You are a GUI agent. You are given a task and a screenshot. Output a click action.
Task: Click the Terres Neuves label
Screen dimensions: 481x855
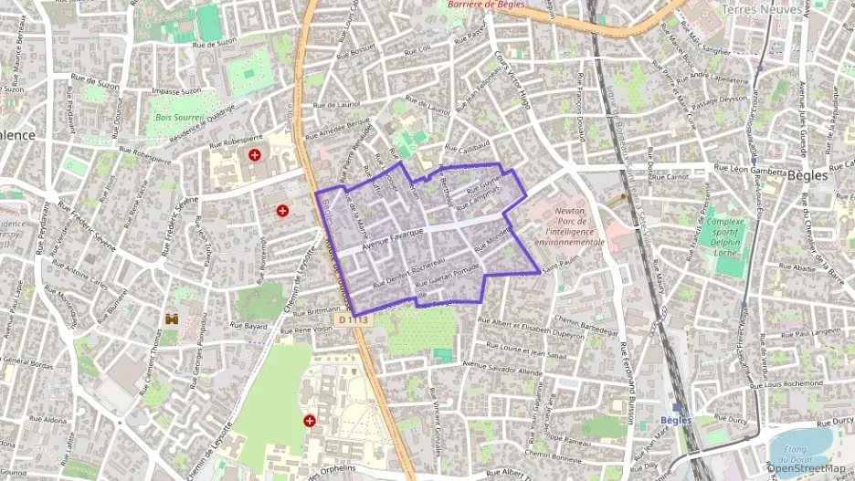(x=761, y=9)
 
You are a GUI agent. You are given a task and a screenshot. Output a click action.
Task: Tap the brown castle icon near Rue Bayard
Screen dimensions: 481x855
(x=172, y=319)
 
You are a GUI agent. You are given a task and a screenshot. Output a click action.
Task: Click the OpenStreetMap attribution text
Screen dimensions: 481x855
(x=807, y=468)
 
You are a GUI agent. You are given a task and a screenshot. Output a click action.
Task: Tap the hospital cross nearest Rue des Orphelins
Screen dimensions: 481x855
(x=311, y=421)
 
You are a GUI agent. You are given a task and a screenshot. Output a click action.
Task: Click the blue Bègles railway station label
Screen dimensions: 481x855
(x=676, y=420)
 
